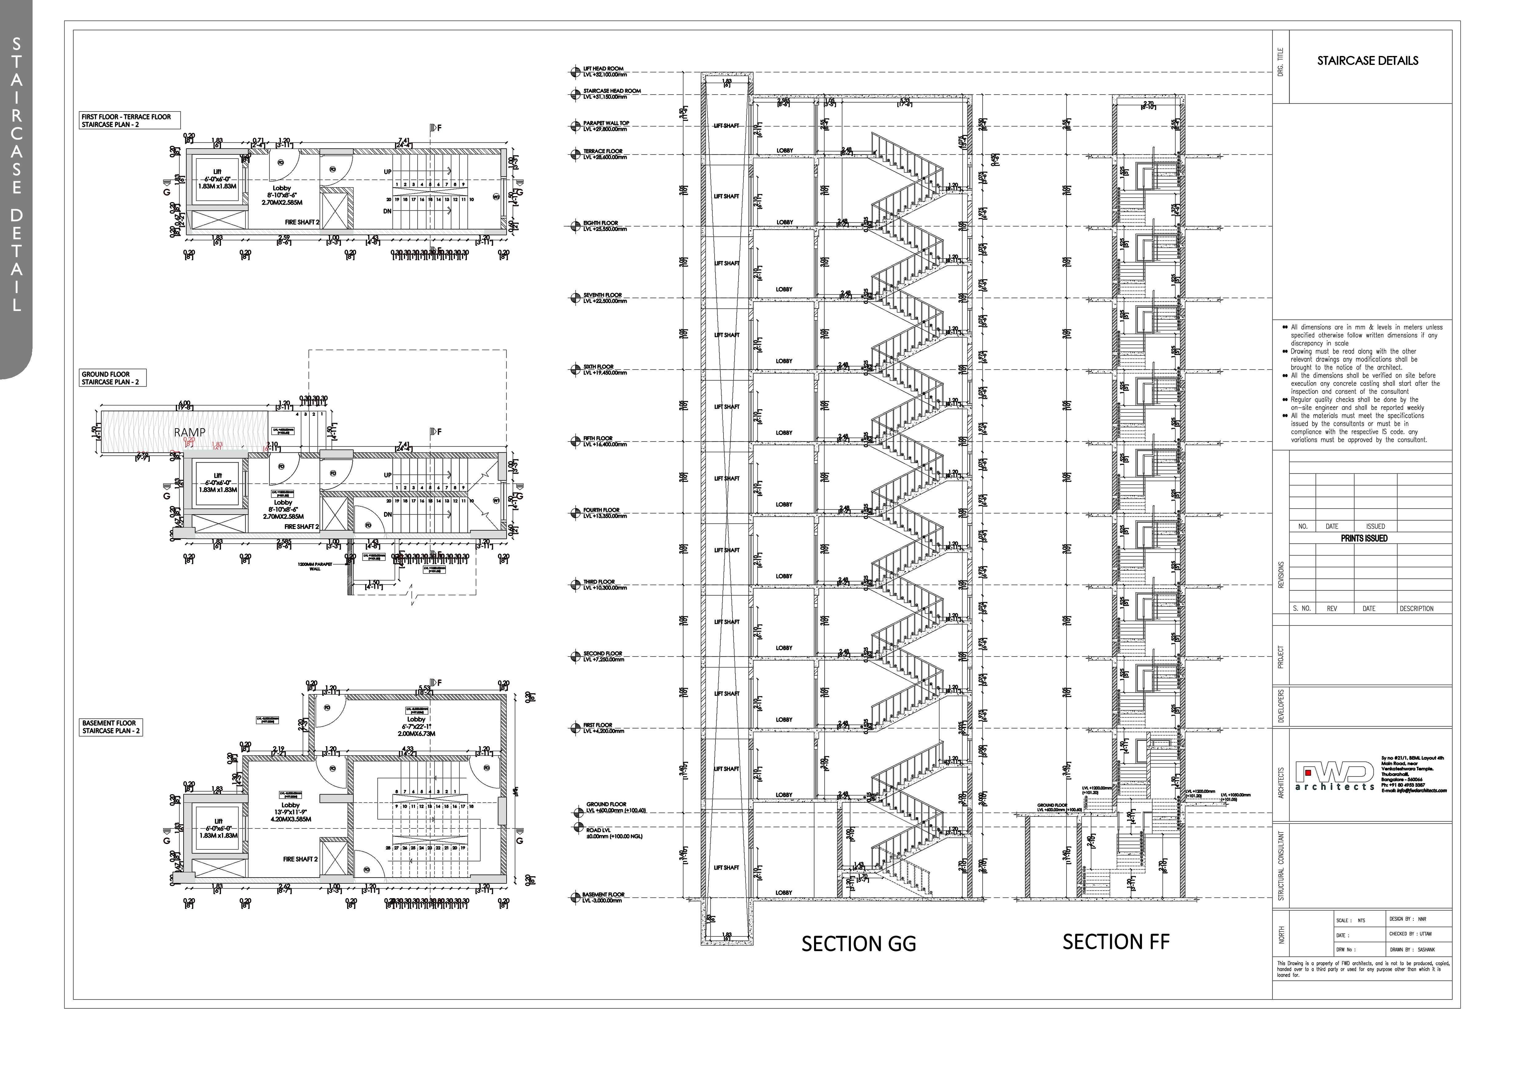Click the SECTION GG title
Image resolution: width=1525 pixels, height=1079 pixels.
click(858, 943)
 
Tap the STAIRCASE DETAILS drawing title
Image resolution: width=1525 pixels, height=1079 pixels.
click(1368, 61)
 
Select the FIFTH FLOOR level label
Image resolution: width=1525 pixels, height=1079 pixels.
click(603, 441)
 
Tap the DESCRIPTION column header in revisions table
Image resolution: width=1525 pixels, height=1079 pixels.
click(1416, 609)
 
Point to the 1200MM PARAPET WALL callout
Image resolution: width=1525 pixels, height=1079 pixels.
click(315, 566)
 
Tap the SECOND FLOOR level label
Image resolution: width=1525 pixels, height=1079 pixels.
click(603, 656)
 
